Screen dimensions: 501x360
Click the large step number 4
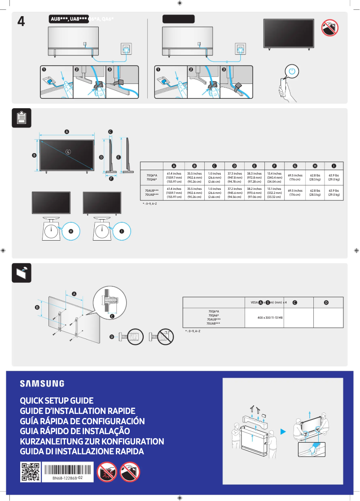pyautogui.click(x=21, y=22)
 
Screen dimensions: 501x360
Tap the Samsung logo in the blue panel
pyautogui.click(x=42, y=383)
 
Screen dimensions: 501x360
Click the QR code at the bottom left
pyautogui.click(x=30, y=472)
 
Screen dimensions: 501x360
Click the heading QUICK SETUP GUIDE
pyautogui.click(x=57, y=400)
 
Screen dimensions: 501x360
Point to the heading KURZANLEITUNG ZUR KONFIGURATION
pyautogui.click(x=92, y=441)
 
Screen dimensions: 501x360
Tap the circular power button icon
pyautogui.click(x=292, y=71)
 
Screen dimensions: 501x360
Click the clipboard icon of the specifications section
pyautogui.click(x=21, y=118)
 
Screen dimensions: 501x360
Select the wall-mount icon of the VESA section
pyautogui.click(x=21, y=272)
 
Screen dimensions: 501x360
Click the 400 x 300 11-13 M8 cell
pyautogui.click(x=263, y=317)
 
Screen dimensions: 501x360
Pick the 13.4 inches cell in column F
pyautogui.click(x=274, y=177)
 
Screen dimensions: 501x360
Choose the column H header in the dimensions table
pyautogui.click(x=315, y=166)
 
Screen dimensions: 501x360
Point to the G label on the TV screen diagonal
pyautogui.click(x=68, y=152)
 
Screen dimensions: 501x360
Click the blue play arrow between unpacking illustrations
pyautogui.click(x=283, y=432)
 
